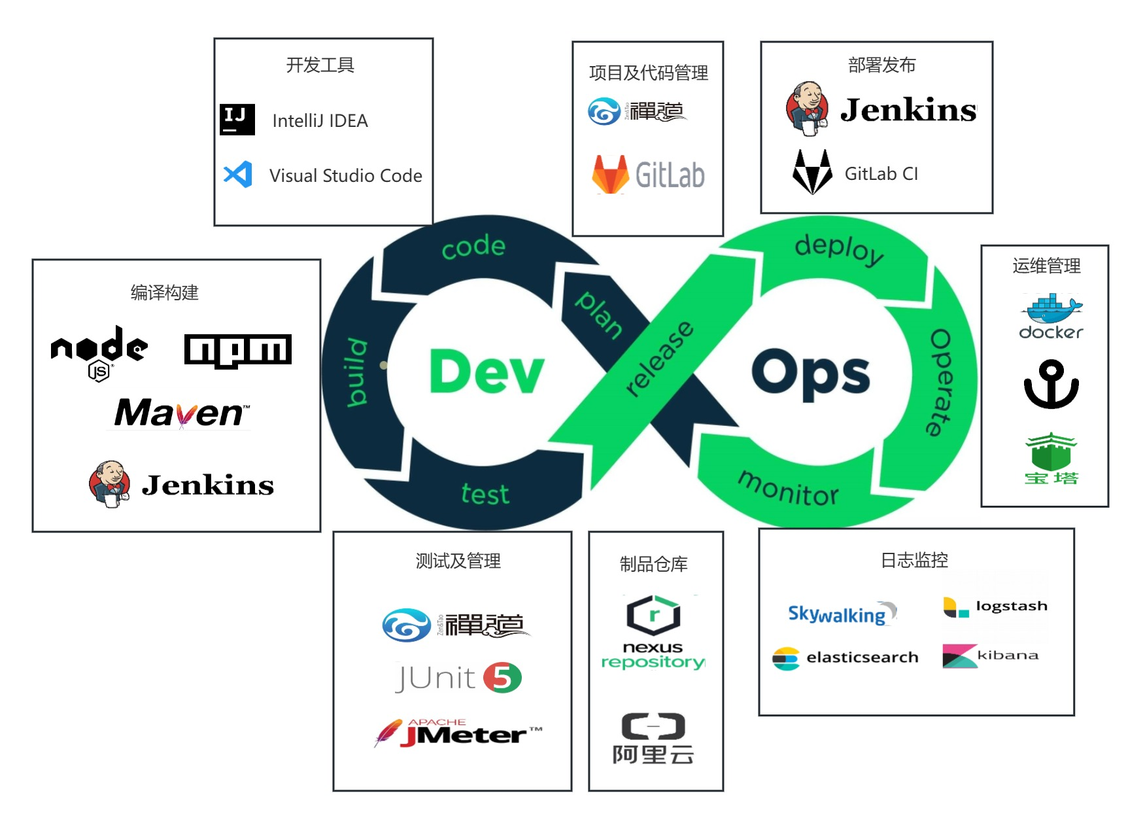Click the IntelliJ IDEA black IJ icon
[x=237, y=120]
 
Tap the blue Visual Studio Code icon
[x=238, y=175]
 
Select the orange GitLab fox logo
[x=610, y=174]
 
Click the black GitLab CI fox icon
[x=812, y=172]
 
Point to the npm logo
[x=237, y=351]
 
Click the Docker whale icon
[x=1051, y=308]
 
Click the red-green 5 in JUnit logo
[x=502, y=678]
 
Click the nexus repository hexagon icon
[x=653, y=615]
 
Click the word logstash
[x=1011, y=606]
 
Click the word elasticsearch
[x=862, y=657]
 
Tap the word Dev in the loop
[x=487, y=372]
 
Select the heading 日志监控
[x=914, y=560]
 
